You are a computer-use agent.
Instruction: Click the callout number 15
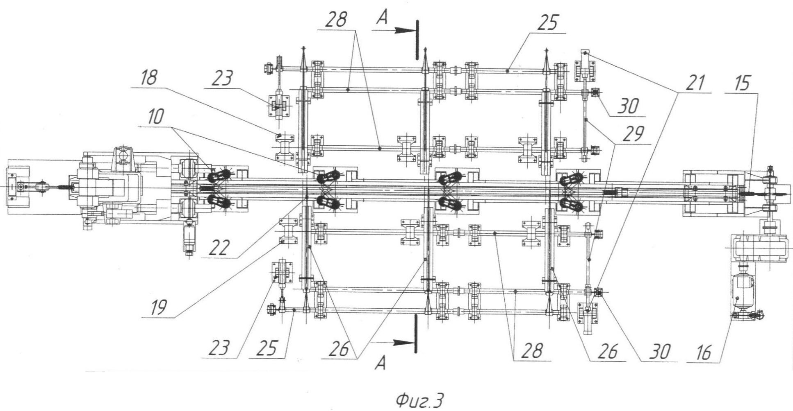point(742,84)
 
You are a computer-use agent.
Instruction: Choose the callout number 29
point(633,134)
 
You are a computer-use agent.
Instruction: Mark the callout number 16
point(704,352)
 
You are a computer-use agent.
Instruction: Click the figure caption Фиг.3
point(419,400)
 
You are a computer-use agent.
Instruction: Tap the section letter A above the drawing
point(382,19)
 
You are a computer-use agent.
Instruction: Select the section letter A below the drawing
point(381,362)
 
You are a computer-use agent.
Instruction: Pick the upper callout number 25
point(548,23)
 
